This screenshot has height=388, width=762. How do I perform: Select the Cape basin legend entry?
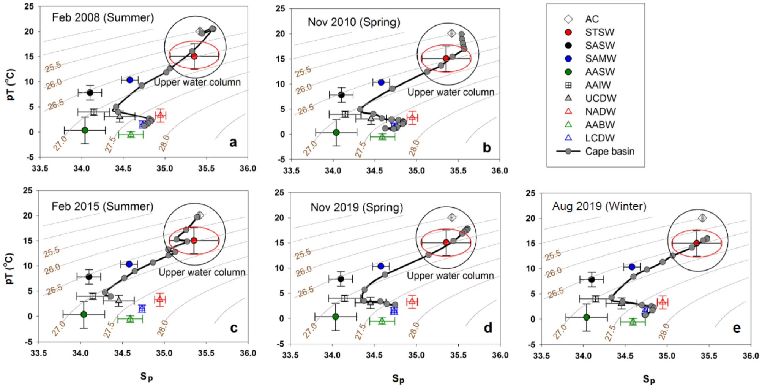(x=609, y=151)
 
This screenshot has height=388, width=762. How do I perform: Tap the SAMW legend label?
(x=600, y=59)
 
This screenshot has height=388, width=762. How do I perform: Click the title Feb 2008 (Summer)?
(x=103, y=17)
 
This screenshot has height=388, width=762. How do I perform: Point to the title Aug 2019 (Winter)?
(x=599, y=206)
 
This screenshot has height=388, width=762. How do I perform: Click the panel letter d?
(x=488, y=328)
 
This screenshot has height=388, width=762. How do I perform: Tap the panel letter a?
(x=233, y=142)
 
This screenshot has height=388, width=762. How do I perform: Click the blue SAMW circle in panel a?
(x=129, y=80)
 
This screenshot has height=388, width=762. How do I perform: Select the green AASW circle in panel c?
(x=84, y=314)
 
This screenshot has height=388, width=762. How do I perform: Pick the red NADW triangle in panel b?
(x=412, y=117)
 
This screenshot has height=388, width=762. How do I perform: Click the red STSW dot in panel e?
(x=696, y=243)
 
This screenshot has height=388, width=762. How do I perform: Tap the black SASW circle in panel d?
(x=341, y=279)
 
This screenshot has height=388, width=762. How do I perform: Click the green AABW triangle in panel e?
(x=633, y=322)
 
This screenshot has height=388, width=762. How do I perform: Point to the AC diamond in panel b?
(x=451, y=33)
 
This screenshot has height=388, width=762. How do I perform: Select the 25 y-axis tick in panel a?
(x=29, y=6)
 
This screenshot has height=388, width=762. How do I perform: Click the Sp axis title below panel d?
(x=398, y=378)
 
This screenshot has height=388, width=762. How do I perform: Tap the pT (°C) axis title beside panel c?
(x=10, y=268)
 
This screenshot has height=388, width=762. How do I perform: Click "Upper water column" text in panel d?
(x=450, y=276)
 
